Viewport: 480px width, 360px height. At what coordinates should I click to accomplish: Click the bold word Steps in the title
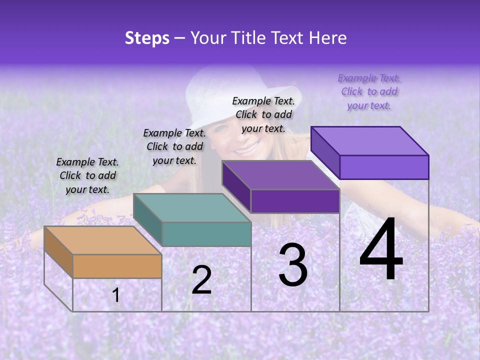[x=147, y=38]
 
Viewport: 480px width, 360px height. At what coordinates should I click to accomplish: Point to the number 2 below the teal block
[x=201, y=280]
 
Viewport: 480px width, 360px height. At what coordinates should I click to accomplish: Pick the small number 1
[x=116, y=295]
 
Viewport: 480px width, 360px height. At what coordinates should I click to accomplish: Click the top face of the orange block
[x=102, y=240]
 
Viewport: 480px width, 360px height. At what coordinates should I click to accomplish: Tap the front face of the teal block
[x=206, y=234]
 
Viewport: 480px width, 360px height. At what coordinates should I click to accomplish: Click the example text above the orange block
[x=87, y=175]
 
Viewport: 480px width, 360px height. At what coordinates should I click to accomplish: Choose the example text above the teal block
[x=174, y=146]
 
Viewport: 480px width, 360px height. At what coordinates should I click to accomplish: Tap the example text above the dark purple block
[x=263, y=114]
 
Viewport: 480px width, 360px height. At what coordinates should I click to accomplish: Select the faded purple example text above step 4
[x=369, y=91]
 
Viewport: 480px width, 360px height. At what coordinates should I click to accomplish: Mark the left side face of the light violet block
[x=325, y=152]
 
